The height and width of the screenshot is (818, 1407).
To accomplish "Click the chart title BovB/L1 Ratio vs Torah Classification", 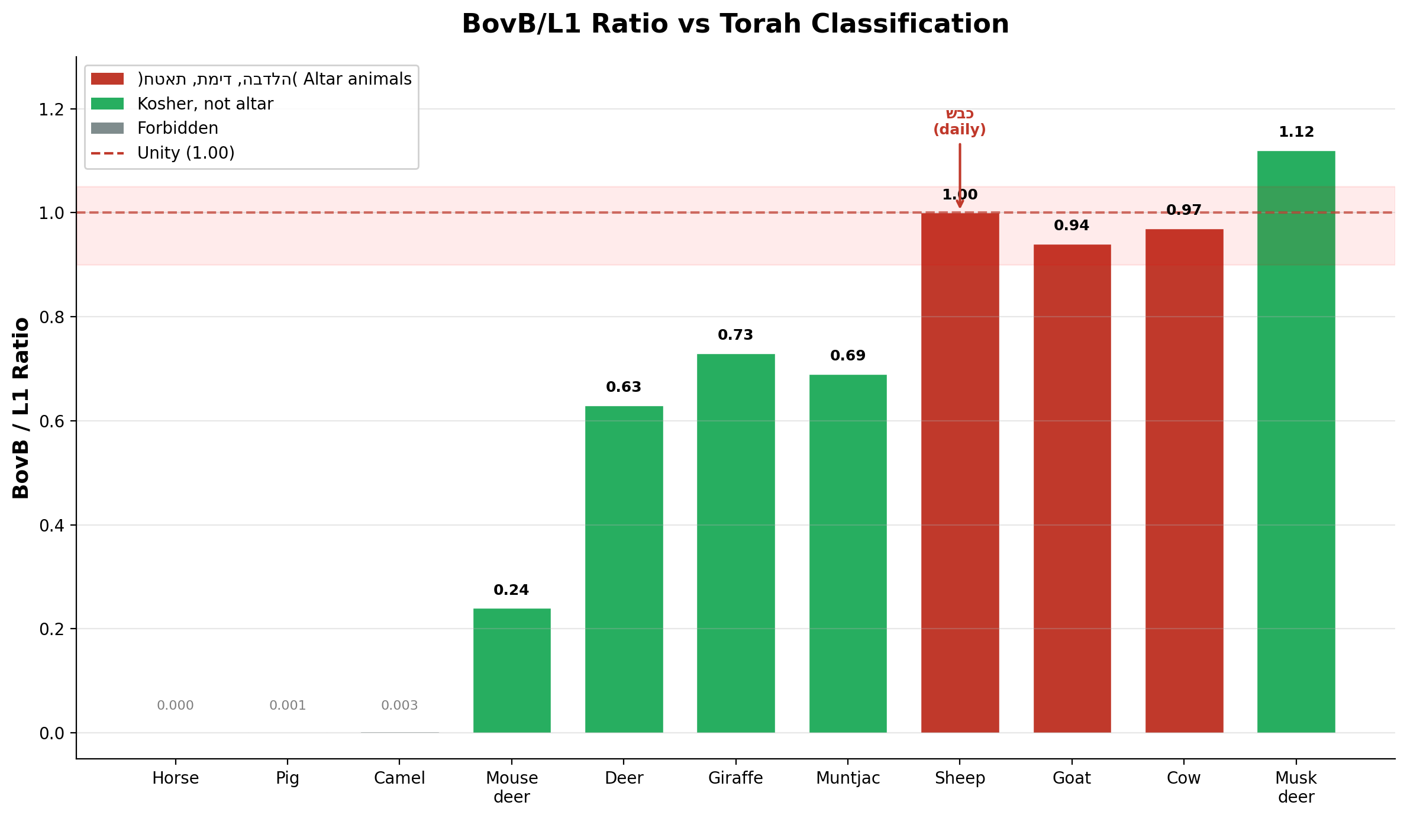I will pyautogui.click(x=735, y=24).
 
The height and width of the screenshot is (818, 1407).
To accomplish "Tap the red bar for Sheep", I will pyautogui.click(x=960, y=474).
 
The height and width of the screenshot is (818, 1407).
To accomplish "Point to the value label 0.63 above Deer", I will pyautogui.click(x=624, y=387).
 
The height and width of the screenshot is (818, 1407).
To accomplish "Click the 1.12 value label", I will pyautogui.click(x=1296, y=132).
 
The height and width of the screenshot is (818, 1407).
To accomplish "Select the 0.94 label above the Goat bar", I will pyautogui.click(x=1072, y=226).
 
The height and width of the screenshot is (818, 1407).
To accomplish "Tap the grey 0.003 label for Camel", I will pyautogui.click(x=399, y=706).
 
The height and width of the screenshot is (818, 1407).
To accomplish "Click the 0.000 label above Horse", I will pyautogui.click(x=175, y=706).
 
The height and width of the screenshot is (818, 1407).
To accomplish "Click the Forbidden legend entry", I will pyautogui.click(x=178, y=128).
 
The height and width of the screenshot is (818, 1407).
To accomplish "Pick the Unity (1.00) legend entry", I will pyautogui.click(x=186, y=153).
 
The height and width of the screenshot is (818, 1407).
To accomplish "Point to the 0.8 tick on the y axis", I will pyautogui.click(x=51, y=317).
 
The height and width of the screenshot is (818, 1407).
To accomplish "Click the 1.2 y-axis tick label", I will pyautogui.click(x=51, y=110).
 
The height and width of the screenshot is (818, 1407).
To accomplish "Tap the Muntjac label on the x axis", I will pyautogui.click(x=848, y=778).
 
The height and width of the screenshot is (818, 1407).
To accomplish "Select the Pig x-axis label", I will pyautogui.click(x=288, y=778).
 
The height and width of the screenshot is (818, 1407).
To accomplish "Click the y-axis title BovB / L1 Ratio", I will pyautogui.click(x=21, y=408).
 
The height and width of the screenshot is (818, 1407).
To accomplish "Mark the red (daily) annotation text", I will pyautogui.click(x=960, y=130).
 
